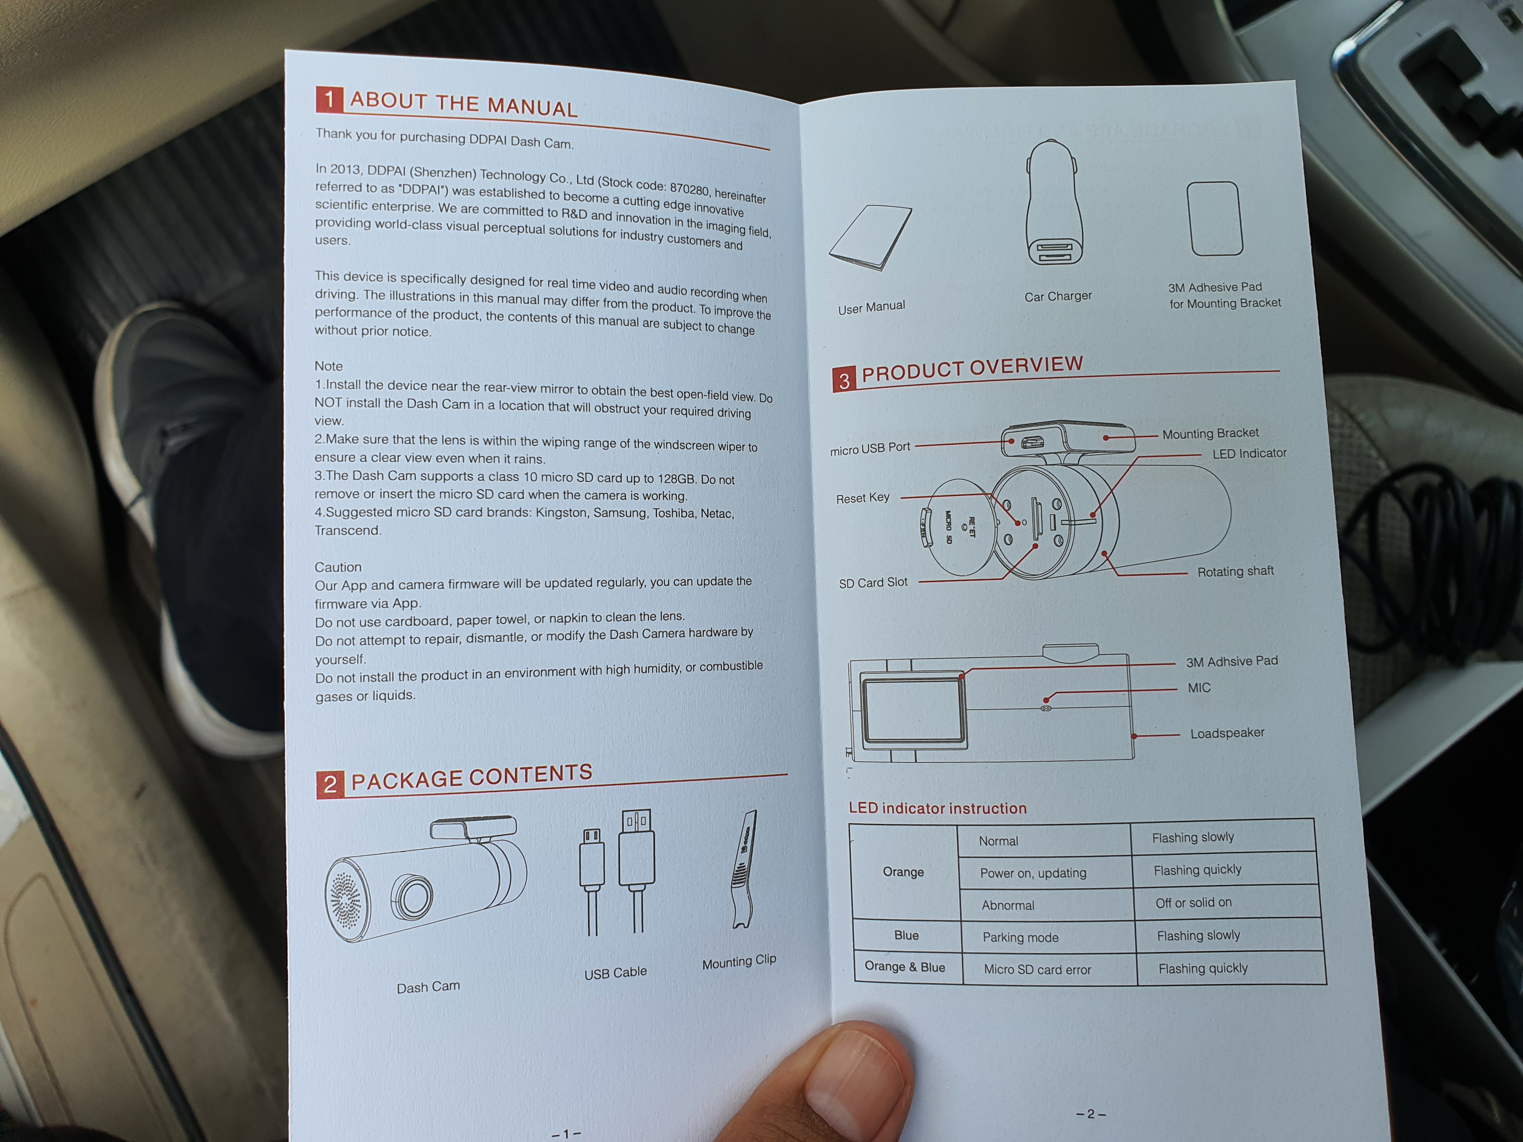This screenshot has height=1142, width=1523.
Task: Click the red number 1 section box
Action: (329, 99)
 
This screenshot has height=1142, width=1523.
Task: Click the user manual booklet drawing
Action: (870, 238)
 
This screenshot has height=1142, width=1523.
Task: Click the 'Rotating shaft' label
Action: (1235, 571)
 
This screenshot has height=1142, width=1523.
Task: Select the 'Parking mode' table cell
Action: (1020, 937)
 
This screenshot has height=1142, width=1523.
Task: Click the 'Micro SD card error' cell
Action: (1037, 969)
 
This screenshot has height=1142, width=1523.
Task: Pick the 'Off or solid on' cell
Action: (1193, 903)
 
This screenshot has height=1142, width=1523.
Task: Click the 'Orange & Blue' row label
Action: (905, 966)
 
